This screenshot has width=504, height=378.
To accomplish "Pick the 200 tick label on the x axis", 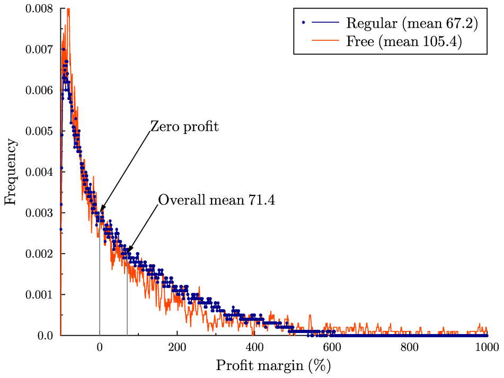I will pyautogui.click(x=177, y=347).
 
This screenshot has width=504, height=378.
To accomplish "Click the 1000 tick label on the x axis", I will pyautogui.click(x=487, y=347).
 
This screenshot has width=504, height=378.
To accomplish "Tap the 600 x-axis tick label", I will pyautogui.click(x=332, y=347).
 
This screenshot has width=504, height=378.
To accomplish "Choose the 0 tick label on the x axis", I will pyautogui.click(x=100, y=347).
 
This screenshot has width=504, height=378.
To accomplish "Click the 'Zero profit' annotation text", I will pyautogui.click(x=184, y=127).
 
